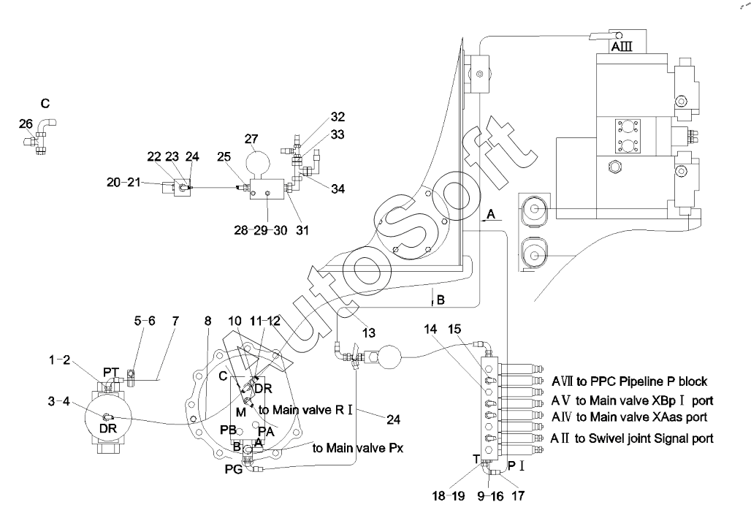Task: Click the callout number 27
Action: pos(251,139)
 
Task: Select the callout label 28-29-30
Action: pos(261,230)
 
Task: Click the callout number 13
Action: pos(369,332)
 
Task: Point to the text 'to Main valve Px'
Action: pos(358,448)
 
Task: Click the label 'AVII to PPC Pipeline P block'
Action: pos(629,381)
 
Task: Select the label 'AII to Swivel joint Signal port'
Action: pos(632,438)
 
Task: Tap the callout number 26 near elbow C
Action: pos(26,123)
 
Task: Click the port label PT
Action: pos(110,372)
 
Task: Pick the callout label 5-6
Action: pos(145,321)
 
